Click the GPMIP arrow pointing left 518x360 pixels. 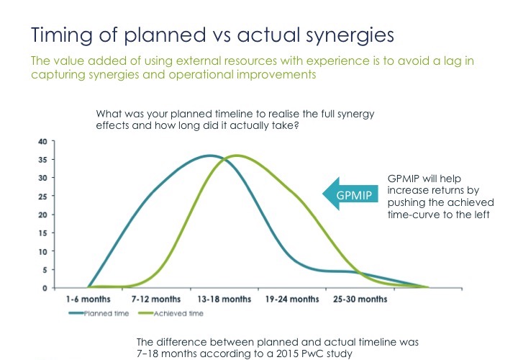pyautogui.click(x=350, y=194)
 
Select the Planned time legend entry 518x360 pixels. pyautogui.click(x=99, y=313)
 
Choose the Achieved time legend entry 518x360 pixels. pyautogui.click(x=171, y=313)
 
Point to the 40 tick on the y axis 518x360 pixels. pyautogui.click(x=43, y=142)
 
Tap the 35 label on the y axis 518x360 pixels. pyautogui.click(x=43, y=160)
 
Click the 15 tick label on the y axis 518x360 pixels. pyautogui.click(x=43, y=233)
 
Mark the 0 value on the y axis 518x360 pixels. pyautogui.click(x=45, y=288)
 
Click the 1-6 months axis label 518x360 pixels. pyautogui.click(x=88, y=300)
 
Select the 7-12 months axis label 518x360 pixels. pyautogui.click(x=156, y=300)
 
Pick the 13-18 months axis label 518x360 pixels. pyautogui.click(x=224, y=300)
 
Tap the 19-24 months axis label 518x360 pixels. pyautogui.click(x=292, y=300)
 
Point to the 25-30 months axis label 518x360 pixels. pyautogui.click(x=360, y=300)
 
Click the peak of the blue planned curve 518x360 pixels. pyautogui.click(x=210, y=156)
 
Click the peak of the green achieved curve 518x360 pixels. pyautogui.click(x=237, y=156)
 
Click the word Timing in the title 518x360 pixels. pyautogui.click(x=62, y=35)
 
